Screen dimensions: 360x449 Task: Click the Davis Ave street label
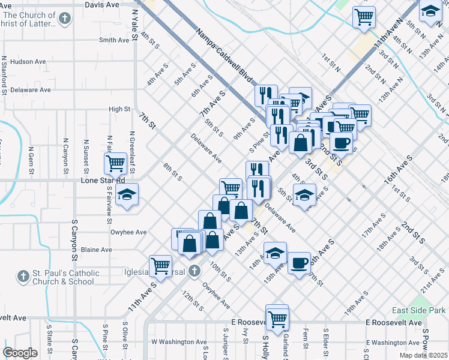pyautogui.click(x=102, y=4)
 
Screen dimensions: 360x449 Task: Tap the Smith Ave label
pyautogui.click(x=114, y=40)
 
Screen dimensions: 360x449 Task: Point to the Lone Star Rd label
pyautogui.click(x=103, y=180)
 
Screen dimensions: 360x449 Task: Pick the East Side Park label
pyautogui.click(x=419, y=310)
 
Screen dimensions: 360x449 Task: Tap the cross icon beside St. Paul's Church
pyautogui.click(x=23, y=277)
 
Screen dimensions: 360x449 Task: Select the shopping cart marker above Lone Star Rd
pyautogui.click(x=115, y=163)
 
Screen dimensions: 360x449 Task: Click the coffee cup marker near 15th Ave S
pyautogui.click(x=299, y=263)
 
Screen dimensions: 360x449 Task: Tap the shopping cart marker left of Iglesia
pyautogui.click(x=160, y=265)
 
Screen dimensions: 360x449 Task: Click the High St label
pyautogui.click(x=119, y=109)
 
